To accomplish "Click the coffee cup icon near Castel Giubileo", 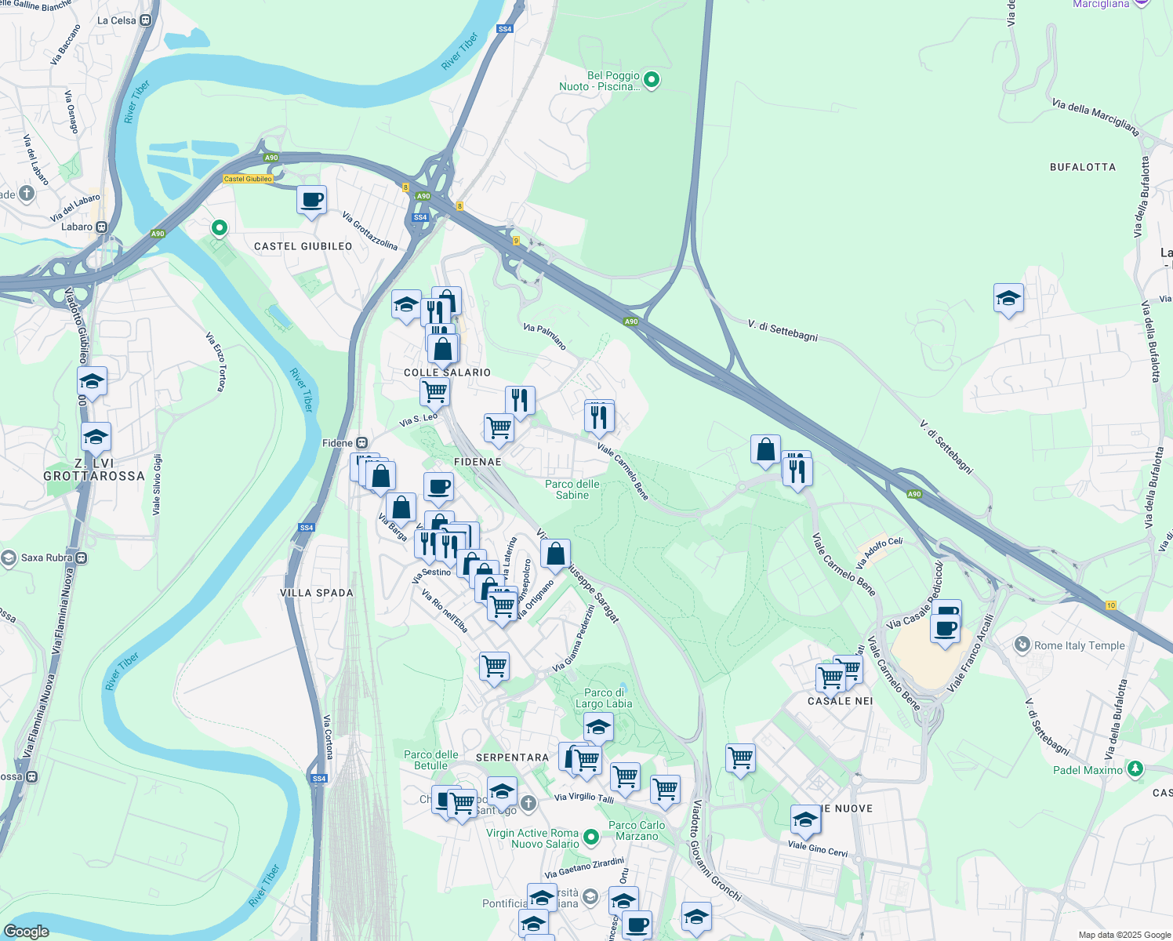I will coord(311,200).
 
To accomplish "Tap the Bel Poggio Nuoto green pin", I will coord(651,80).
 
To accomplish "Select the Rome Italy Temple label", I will coord(1079,645).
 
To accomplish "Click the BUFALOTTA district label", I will coord(1082,167).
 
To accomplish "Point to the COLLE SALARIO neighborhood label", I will coord(447,372).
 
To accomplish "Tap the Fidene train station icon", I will coord(361,443).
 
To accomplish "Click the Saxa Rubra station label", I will coord(47,558).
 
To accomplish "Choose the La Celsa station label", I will coord(117,20).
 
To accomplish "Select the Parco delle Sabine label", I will coord(572,489).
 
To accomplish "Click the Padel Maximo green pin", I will coord(1134,768).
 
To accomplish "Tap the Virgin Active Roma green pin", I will coord(591,837).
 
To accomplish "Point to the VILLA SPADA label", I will coord(317,593).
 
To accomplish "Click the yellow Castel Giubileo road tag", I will coord(248,179).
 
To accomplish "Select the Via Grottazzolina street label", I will coord(369,231).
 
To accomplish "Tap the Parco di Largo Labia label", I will coord(603,698).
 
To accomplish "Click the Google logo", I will coord(26,931).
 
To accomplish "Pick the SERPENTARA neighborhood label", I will coord(512,758).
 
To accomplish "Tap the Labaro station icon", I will coord(102,227).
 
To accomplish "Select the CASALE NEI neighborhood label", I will coord(840,701).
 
